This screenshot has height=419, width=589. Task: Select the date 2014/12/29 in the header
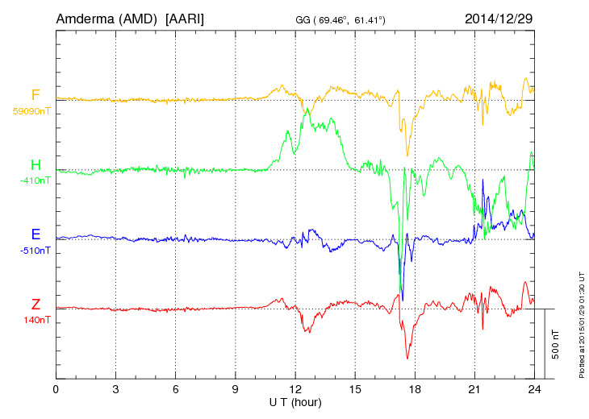click(x=499, y=18)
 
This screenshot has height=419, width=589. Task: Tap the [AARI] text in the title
click(x=184, y=18)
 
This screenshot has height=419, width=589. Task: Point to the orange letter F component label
click(x=36, y=95)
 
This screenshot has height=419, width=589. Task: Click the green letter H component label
click(x=36, y=165)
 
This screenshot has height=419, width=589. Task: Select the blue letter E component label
click(x=36, y=234)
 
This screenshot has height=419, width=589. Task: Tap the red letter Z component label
click(x=36, y=305)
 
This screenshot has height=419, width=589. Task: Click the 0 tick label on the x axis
click(x=56, y=389)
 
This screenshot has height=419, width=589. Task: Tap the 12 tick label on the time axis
click(x=294, y=389)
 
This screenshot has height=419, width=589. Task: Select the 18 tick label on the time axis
click(x=414, y=389)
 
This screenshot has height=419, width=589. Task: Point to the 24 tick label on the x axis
click(x=533, y=389)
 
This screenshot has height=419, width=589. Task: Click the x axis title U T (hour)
click(x=295, y=401)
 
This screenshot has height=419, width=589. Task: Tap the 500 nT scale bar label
click(x=556, y=344)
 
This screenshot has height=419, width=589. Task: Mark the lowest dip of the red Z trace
click(x=407, y=359)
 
